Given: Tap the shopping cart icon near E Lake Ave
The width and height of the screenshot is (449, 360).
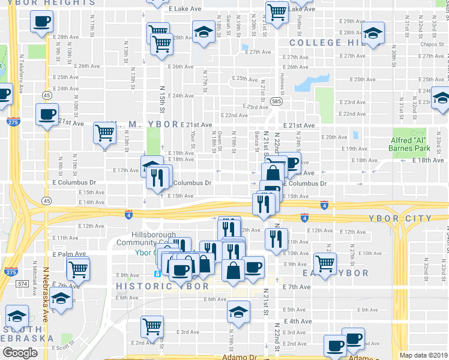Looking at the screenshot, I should tap(277, 11).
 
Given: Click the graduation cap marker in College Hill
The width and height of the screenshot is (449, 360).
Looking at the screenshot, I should tap(373, 35).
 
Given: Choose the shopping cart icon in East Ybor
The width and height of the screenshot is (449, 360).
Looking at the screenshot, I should tap(325, 262).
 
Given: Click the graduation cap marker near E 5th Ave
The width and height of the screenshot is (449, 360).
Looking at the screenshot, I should tap(238, 312).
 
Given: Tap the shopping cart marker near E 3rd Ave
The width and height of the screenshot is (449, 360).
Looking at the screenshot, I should tap(152, 326).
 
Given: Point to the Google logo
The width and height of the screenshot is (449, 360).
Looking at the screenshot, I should tap(20, 353).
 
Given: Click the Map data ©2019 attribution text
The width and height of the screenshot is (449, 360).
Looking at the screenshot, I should tap(424, 355).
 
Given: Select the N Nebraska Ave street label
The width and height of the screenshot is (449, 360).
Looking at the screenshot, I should tap(46, 306).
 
